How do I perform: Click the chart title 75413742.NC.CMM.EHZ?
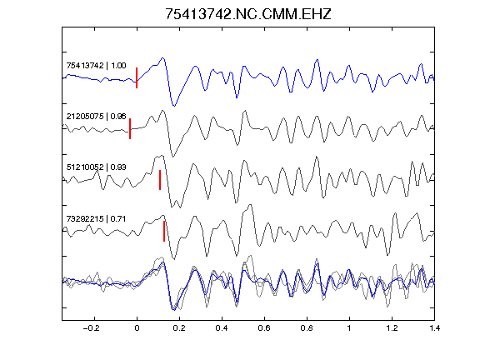[x=248, y=14]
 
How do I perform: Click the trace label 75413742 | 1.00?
[x=96, y=66]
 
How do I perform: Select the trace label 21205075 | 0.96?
[x=96, y=117]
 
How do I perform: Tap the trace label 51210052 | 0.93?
[x=96, y=167]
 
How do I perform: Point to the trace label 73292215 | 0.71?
[x=96, y=219]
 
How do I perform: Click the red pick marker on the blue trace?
[x=137, y=77]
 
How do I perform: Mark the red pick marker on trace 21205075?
[x=130, y=128]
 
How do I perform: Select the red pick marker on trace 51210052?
[x=160, y=180]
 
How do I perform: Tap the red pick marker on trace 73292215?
[x=164, y=231]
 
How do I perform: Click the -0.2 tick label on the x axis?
[x=92, y=328]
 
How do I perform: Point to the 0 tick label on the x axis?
[x=137, y=328]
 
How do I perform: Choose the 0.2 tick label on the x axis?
[x=179, y=328]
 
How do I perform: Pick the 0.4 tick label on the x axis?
[x=222, y=328]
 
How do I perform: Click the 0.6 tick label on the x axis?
[x=264, y=328]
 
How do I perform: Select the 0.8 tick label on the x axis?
[x=307, y=328]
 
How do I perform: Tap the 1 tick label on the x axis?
[x=349, y=328]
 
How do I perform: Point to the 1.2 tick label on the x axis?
[x=392, y=328]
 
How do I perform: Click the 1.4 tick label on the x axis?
[x=434, y=328]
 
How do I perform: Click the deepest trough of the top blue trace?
[x=174, y=106]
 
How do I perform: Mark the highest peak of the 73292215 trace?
[x=251, y=204]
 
